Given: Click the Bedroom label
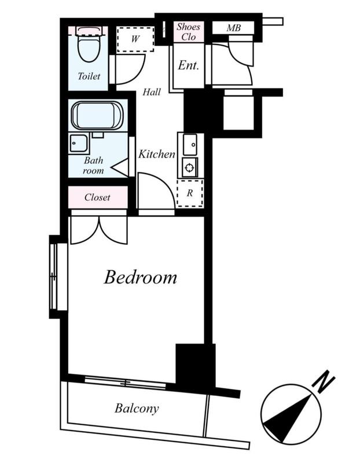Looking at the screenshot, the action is click(141, 277).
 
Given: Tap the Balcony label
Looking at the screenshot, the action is click(137, 409).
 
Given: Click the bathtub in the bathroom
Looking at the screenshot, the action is click(97, 115).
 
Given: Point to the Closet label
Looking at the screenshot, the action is click(97, 197).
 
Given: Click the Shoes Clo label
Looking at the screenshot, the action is click(189, 32).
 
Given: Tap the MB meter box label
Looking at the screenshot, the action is click(234, 28).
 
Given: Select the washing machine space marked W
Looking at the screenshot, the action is click(135, 39).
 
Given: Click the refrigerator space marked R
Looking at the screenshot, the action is click(190, 193).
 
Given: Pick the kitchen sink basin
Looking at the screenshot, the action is click(190, 144).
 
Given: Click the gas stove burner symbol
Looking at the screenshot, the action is click(189, 168).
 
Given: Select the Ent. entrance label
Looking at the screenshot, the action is click(189, 65).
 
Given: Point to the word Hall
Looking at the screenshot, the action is click(152, 92).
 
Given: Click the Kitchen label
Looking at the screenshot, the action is click(157, 154).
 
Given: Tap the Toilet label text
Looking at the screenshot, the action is click(89, 76).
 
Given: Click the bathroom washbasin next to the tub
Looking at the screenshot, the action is click(79, 143).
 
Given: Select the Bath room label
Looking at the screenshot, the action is click(94, 166).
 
